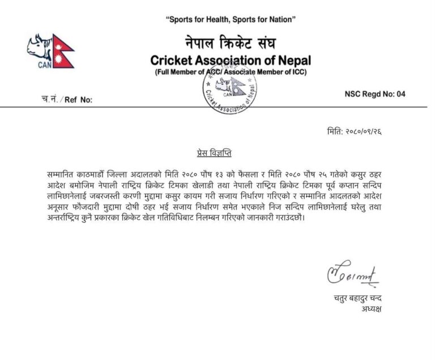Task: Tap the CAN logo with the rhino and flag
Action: tap(50, 51)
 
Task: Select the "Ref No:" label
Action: tap(78, 99)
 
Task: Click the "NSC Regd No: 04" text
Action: tap(375, 94)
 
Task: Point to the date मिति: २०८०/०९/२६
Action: tap(354, 131)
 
